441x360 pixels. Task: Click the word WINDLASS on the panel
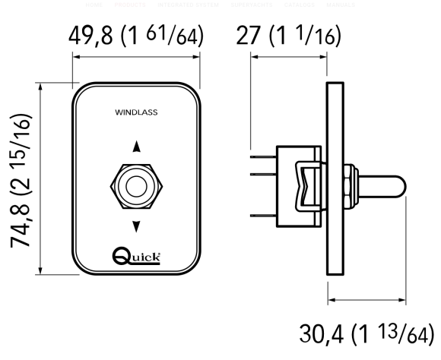point(136,112)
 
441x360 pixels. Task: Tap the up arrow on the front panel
point(137,147)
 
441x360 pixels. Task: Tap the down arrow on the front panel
point(137,226)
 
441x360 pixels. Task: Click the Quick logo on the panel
point(136,256)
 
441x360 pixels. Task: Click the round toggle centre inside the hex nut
point(137,185)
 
